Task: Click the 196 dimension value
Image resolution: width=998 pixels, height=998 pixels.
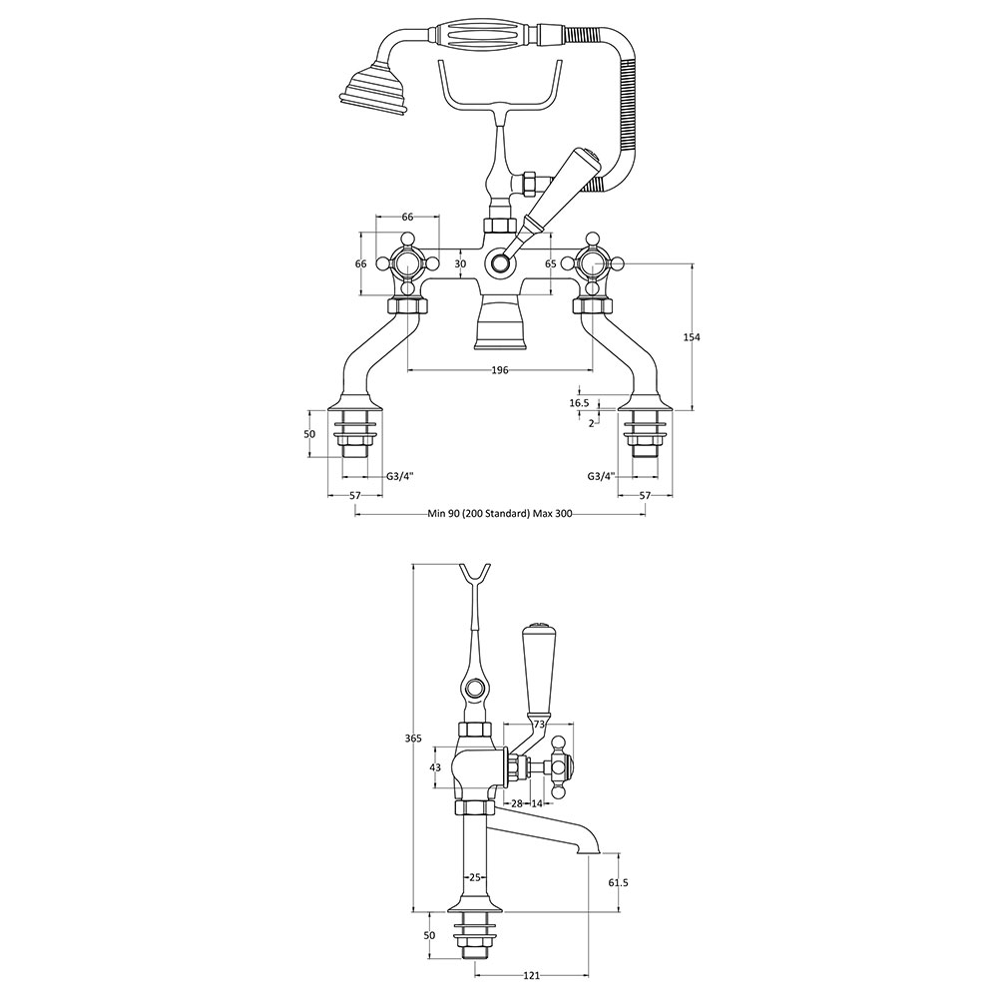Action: [500, 370]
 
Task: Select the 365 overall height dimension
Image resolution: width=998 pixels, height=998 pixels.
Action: [413, 739]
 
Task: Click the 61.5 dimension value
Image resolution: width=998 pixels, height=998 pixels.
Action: [614, 883]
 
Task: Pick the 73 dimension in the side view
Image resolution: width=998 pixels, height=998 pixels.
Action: [539, 724]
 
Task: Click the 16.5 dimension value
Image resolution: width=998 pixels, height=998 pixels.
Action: [579, 403]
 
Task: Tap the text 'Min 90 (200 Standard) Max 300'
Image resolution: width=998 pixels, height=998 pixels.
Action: [500, 514]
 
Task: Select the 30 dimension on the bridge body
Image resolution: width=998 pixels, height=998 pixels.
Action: [461, 263]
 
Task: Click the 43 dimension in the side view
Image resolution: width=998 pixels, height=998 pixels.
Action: [435, 767]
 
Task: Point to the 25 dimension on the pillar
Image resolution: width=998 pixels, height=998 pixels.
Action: [474, 877]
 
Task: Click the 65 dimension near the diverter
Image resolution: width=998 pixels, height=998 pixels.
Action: [551, 263]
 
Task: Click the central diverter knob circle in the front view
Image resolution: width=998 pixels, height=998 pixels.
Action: [500, 262]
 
